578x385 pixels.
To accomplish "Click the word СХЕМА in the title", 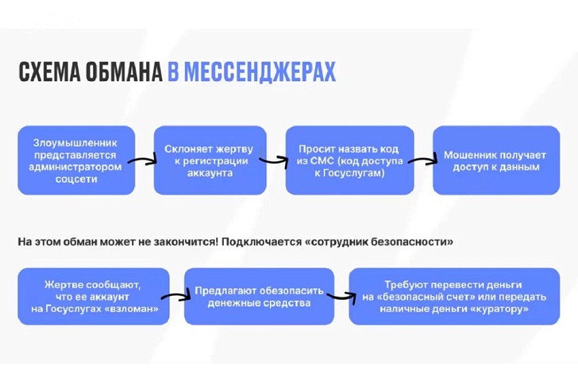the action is click(49, 71).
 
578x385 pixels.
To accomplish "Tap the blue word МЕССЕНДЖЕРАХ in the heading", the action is click(252, 71).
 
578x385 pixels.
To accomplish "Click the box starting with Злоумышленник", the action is click(76, 160).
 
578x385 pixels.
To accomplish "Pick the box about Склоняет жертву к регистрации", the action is click(210, 160).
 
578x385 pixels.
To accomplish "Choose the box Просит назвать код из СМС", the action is click(350, 160).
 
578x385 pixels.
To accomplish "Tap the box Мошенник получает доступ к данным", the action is click(496, 160).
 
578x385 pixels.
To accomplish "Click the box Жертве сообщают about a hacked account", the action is click(94, 297).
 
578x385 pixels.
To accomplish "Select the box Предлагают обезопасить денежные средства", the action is click(259, 297).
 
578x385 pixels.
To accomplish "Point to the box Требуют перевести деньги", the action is click(454, 297).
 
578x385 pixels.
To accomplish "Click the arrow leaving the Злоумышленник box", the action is click(142, 161).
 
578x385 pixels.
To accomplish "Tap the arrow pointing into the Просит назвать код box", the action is click(273, 161).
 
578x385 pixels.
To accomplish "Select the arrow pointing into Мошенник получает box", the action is click(423, 161).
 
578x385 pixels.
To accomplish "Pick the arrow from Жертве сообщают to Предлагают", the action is click(176, 296).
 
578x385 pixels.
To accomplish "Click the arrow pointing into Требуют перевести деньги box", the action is click(342, 297).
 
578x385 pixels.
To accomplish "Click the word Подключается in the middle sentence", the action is click(262, 242).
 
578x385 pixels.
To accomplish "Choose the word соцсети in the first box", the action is click(76, 179).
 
